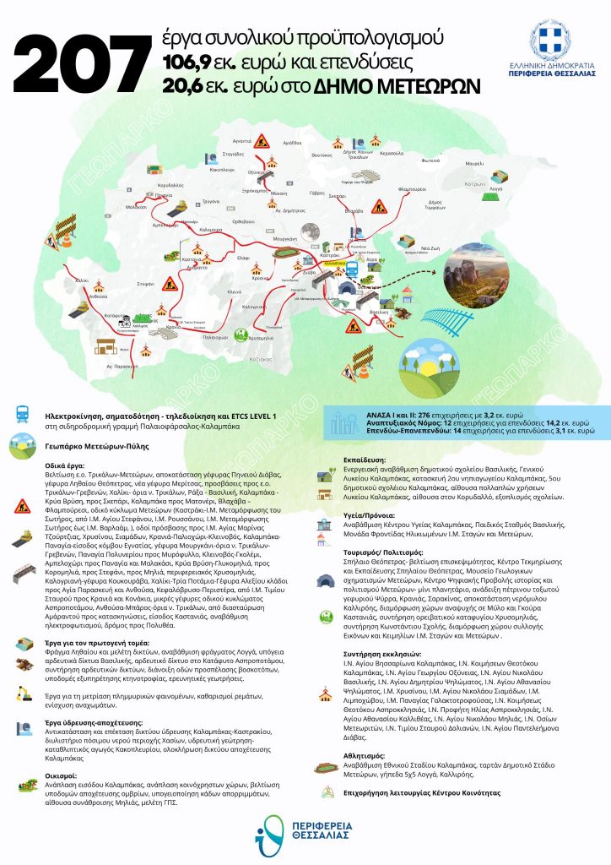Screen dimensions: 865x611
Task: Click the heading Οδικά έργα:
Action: coord(68,465)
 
